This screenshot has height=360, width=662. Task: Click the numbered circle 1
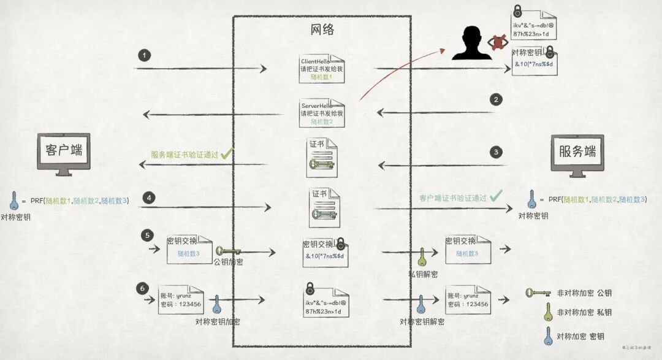(144, 55)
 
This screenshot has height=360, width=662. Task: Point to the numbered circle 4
(148, 197)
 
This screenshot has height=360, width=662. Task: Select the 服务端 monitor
(577, 153)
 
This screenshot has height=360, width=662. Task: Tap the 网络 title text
(322, 29)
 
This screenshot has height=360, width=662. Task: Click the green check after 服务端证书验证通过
(226, 154)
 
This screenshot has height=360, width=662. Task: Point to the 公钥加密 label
(228, 262)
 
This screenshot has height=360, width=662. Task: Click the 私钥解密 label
(423, 274)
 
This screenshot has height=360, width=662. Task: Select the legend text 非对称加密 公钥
(584, 293)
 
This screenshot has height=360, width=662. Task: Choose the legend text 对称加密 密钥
(580, 336)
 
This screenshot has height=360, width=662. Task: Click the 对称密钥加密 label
(218, 321)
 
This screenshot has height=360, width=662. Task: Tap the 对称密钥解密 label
(422, 321)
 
